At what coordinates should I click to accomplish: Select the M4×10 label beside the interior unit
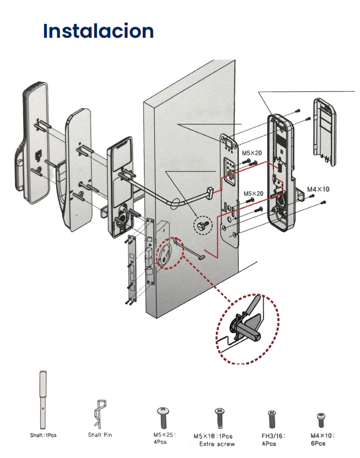[x=318, y=189]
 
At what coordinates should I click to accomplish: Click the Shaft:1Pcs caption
[x=44, y=435]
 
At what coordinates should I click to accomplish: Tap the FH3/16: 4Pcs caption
[x=268, y=438]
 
